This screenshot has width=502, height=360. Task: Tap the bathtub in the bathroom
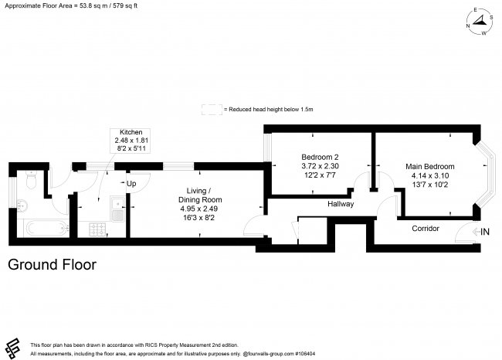[x=46, y=229]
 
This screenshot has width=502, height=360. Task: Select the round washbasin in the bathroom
[x=22, y=205]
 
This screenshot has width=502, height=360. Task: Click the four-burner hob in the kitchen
[x=98, y=229]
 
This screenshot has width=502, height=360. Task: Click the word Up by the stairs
[x=131, y=184]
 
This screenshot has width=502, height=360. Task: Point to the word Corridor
[x=425, y=229]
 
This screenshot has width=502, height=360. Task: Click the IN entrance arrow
[x=478, y=232]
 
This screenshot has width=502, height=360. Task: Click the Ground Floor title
[x=52, y=265]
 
